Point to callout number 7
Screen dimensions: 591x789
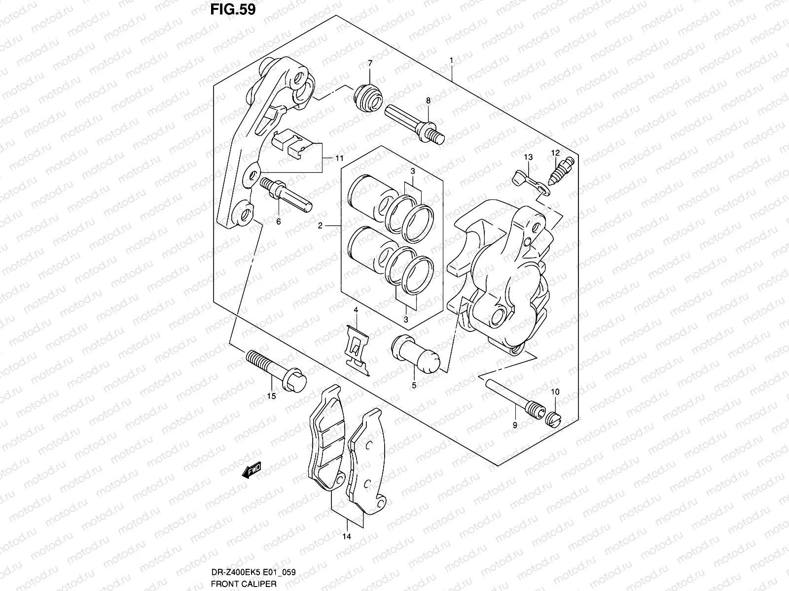[370, 63]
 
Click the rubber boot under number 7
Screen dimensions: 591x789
[369, 98]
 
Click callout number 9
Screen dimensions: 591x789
[514, 425]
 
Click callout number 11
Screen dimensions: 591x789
[339, 158]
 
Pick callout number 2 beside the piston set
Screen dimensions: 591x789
[320, 226]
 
